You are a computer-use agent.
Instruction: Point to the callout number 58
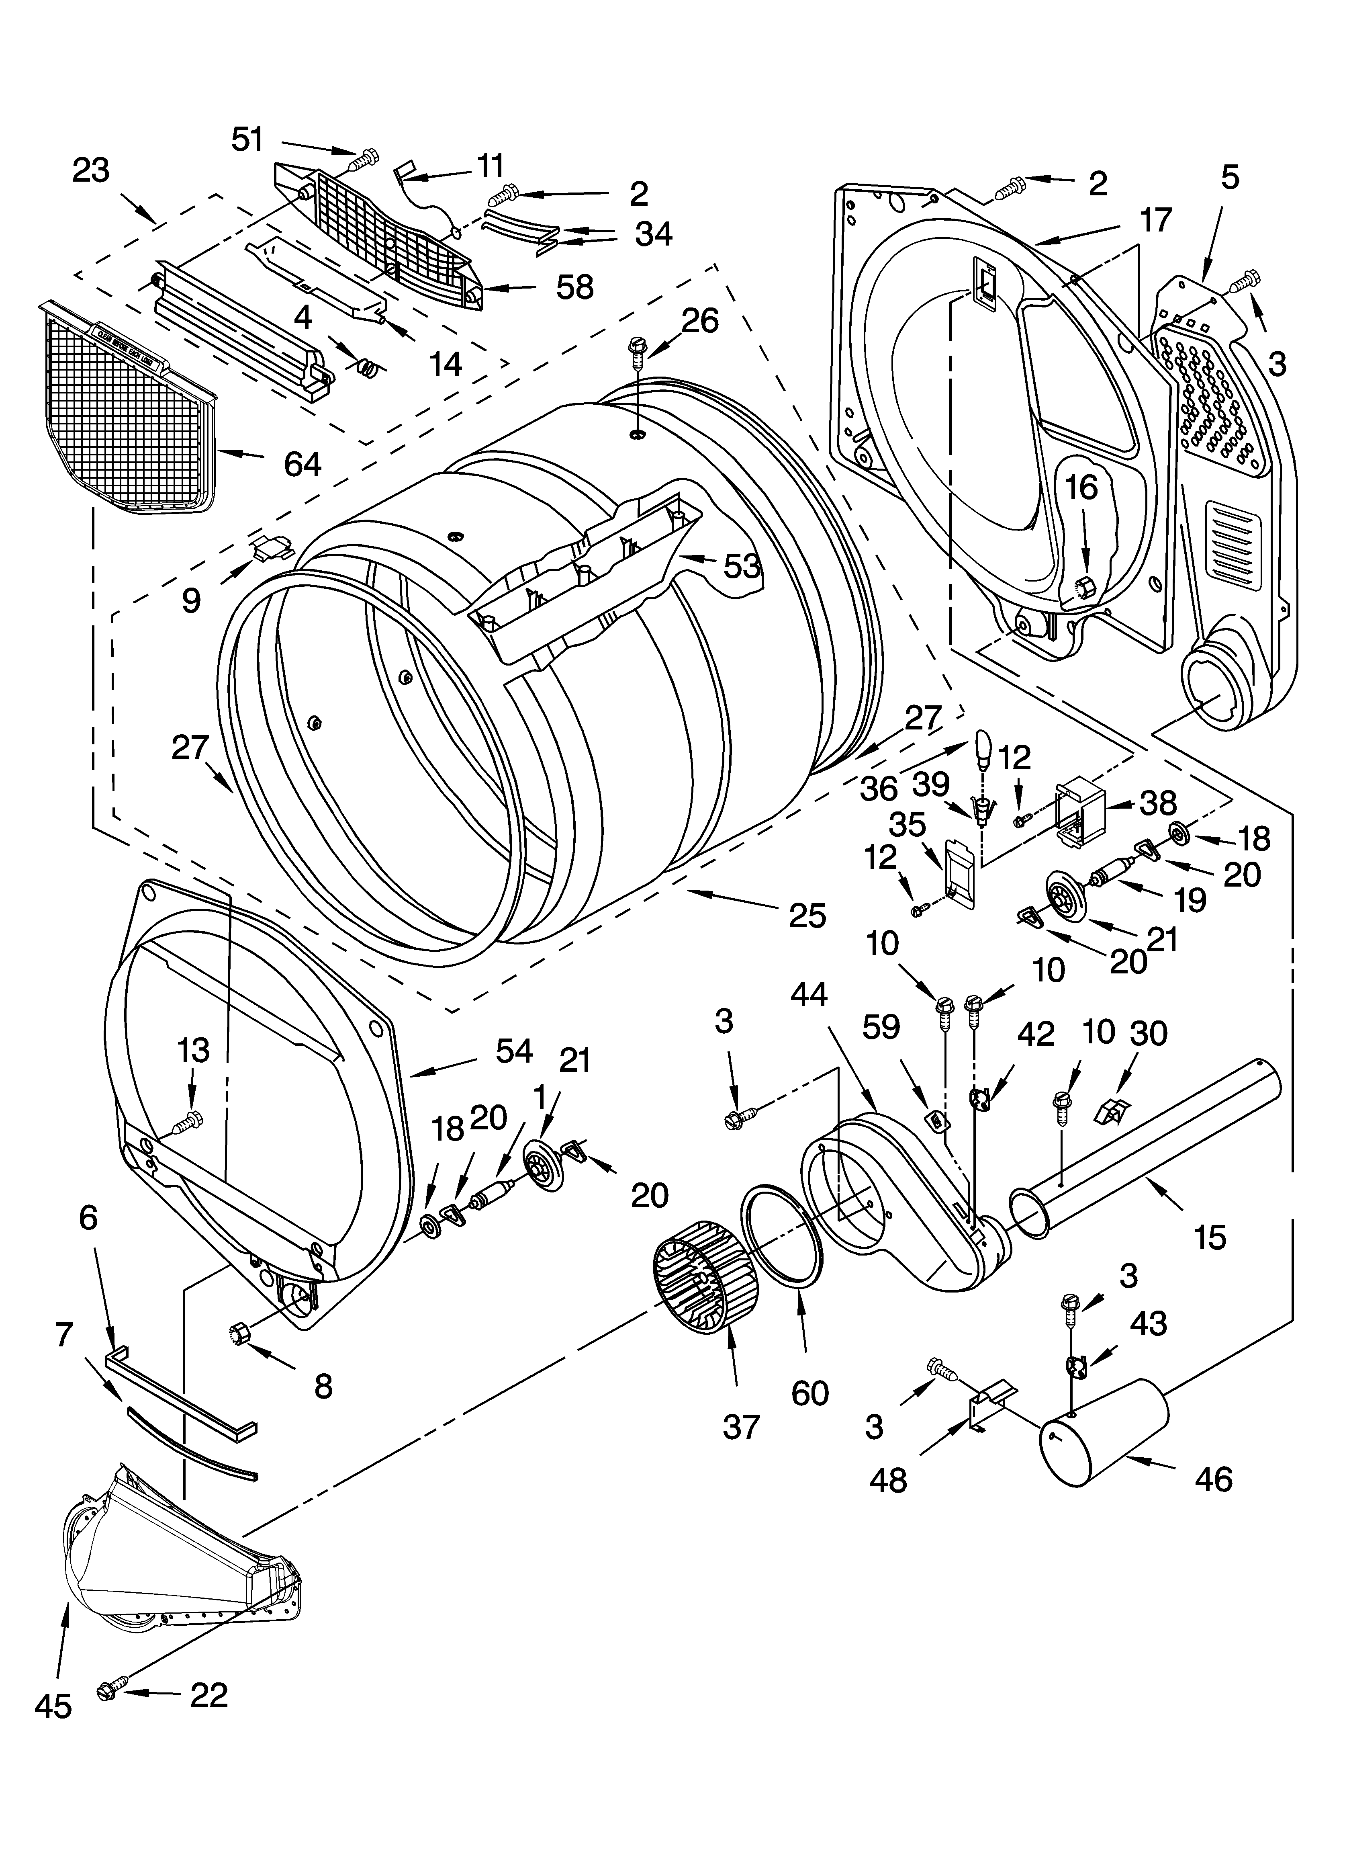point(575,287)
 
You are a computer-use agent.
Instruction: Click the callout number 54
point(513,1051)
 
